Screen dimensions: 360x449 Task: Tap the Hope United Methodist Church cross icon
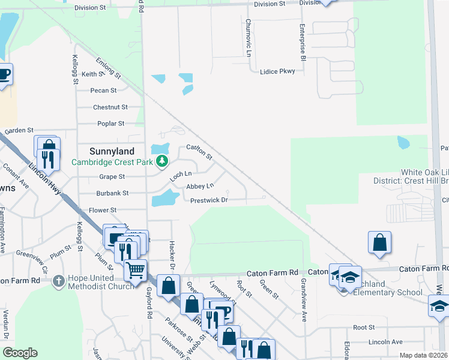[x=58, y=281]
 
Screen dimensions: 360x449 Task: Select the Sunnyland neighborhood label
[x=112, y=151]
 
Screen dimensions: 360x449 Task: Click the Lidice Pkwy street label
[x=277, y=71]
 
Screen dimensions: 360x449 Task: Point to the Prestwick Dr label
[x=209, y=200]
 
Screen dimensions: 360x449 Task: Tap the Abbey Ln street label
[x=200, y=187]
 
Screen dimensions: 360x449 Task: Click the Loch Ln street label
[x=179, y=175]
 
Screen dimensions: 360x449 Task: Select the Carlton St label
[x=199, y=151]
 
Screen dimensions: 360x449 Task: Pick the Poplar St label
[x=110, y=124]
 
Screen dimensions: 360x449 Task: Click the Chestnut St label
[x=110, y=107]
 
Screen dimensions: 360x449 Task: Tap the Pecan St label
[x=104, y=91]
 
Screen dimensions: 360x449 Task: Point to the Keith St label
[x=92, y=74]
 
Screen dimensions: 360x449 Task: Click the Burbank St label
[x=113, y=193]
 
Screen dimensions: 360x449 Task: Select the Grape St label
[x=112, y=177]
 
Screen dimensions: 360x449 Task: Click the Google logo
[x=20, y=353]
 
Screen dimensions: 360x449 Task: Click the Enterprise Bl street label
[x=304, y=42]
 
